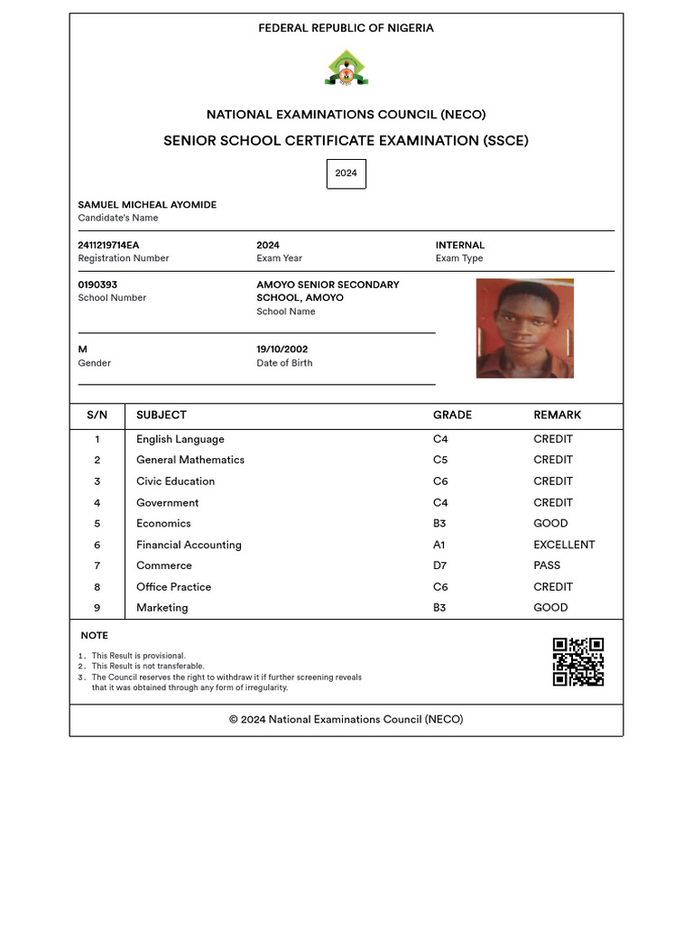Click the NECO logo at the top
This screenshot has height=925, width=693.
(346, 69)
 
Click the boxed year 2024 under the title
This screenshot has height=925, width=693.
(346, 173)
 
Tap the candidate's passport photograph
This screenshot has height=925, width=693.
(524, 328)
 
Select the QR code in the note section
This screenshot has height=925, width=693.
(577, 662)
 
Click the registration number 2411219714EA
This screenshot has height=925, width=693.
(108, 246)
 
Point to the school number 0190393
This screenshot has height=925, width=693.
(97, 285)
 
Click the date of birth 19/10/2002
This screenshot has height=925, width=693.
(282, 350)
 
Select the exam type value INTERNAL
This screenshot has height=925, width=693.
(460, 246)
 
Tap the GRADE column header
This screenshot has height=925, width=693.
(452, 416)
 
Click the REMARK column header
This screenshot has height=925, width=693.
(557, 416)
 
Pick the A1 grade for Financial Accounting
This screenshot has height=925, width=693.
(439, 545)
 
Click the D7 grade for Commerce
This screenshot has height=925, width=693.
(439, 565)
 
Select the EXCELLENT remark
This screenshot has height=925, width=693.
(564, 545)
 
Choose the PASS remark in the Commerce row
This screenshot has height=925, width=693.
(547, 565)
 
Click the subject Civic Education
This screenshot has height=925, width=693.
(175, 481)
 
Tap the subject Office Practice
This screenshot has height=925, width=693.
(173, 587)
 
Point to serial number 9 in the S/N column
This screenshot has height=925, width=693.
(97, 608)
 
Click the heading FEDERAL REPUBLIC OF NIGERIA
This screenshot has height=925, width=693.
(346, 29)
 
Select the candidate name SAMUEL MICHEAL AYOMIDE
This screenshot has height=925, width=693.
(147, 205)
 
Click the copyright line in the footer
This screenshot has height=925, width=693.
(346, 720)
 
